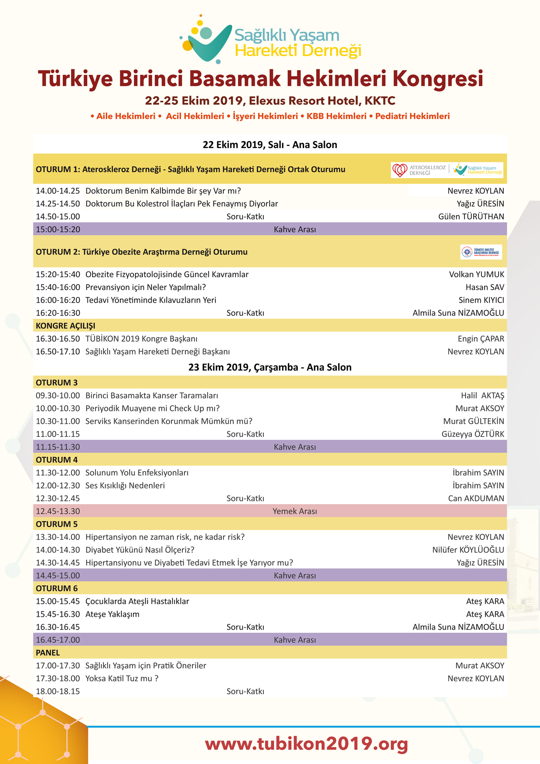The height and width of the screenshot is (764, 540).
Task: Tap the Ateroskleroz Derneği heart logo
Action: [400, 170]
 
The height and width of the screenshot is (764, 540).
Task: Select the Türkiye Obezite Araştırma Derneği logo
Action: [481, 252]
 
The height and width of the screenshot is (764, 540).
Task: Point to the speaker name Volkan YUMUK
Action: [476, 274]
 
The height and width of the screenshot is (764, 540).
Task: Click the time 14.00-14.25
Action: [58, 191]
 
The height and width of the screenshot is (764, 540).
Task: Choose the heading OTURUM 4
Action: [56, 460]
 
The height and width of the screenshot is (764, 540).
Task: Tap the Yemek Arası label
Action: [295, 511]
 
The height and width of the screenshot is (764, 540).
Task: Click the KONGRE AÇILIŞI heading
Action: [65, 325]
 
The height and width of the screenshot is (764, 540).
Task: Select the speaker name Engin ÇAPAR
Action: [481, 339]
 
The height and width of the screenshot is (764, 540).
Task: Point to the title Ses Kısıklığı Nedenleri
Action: [125, 486]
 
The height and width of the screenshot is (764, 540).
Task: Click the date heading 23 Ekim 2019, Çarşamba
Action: [270, 367]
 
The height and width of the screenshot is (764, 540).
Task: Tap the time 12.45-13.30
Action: [58, 511]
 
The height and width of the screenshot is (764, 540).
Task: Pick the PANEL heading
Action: [48, 653]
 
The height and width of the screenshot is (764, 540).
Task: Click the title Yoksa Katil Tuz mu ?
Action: [122, 678]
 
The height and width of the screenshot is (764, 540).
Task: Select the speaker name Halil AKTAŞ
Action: [482, 395]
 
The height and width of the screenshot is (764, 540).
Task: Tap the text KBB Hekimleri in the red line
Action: [336, 116]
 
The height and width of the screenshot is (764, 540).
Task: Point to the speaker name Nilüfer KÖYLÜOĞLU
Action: [468, 550]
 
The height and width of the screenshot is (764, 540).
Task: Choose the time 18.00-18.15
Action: [58, 691]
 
